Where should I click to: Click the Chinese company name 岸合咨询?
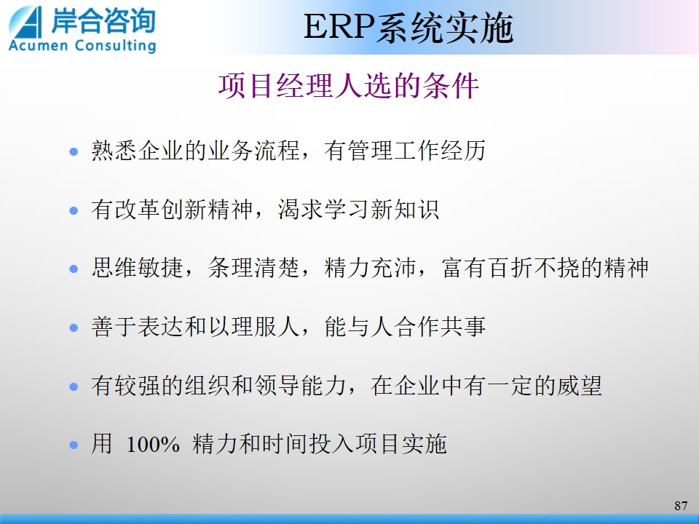click(x=103, y=20)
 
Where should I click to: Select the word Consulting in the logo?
click(x=116, y=46)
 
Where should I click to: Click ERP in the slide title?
click(x=339, y=27)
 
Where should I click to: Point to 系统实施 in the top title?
click(x=444, y=28)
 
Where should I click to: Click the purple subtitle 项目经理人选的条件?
click(x=349, y=86)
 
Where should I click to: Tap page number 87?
click(x=681, y=506)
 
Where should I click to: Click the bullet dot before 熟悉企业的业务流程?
click(x=74, y=152)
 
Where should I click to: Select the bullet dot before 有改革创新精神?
click(x=74, y=210)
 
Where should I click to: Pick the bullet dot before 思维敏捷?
click(x=74, y=269)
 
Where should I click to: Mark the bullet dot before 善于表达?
click(x=74, y=328)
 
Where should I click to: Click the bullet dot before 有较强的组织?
click(x=74, y=386)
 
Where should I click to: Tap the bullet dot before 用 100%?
click(x=74, y=445)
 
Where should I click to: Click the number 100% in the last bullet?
click(x=153, y=445)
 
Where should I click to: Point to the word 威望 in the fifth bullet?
click(x=579, y=386)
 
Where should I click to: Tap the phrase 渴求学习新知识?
click(x=358, y=209)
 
